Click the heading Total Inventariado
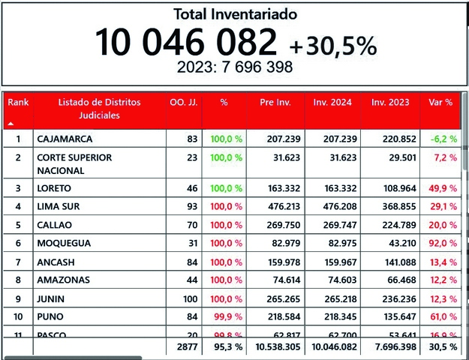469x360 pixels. point(235,14)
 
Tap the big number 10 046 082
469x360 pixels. point(185,43)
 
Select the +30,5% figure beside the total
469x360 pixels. point(333,46)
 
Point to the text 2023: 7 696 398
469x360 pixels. point(235,67)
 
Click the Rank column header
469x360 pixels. point(18,101)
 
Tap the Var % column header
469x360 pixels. point(440,101)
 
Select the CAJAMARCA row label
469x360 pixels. point(65,139)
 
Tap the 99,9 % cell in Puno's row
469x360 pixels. point(228,316)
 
